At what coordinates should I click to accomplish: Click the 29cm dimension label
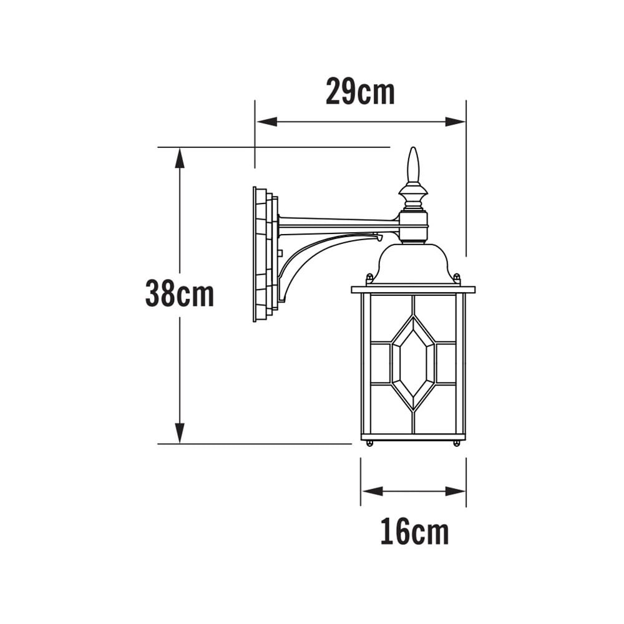point(360,92)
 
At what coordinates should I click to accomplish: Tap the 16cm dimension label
point(414,532)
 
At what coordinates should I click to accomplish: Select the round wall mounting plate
point(264,255)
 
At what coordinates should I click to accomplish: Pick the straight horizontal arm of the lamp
point(337,222)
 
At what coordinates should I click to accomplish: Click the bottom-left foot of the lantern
point(369,443)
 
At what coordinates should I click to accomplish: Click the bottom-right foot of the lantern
point(457,443)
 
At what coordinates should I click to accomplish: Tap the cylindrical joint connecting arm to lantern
point(413,226)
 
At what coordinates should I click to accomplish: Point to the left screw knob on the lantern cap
point(369,278)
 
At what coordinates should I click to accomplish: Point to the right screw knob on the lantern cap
point(457,278)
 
